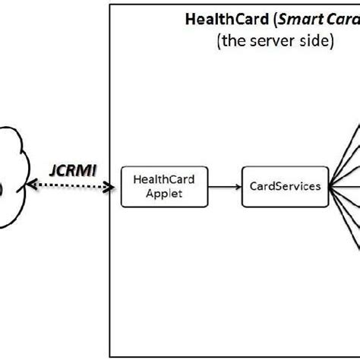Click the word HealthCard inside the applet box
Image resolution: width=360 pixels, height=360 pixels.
tap(156, 180)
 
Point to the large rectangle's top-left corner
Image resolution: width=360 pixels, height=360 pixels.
tap(110, 5)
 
